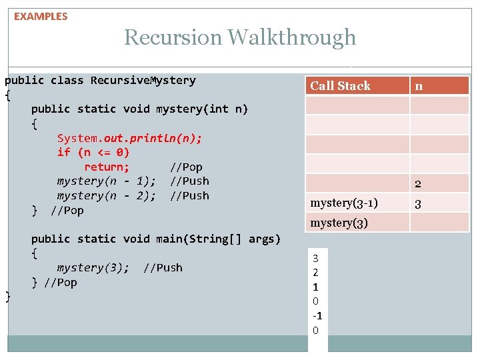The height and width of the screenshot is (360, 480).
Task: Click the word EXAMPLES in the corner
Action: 41,17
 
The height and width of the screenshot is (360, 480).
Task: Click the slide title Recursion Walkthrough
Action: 240,37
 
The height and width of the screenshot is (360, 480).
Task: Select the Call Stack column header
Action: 340,85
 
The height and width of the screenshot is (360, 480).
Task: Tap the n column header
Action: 419,85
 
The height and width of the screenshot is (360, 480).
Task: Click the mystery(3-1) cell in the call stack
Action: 344,203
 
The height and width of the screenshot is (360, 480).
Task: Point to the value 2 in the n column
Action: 417,184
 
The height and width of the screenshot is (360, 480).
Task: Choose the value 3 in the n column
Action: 417,204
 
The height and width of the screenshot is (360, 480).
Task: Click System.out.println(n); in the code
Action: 129,138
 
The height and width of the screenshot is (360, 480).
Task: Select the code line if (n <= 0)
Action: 93,152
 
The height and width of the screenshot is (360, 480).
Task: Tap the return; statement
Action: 107,167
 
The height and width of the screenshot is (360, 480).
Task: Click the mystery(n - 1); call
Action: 107,181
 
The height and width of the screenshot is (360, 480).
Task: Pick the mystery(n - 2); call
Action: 107,195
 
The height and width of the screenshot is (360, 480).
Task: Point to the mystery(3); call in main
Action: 93,267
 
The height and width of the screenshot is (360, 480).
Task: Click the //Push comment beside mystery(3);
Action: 163,267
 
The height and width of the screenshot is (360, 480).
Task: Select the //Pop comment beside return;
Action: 186,167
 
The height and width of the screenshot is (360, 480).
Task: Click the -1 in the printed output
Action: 317,316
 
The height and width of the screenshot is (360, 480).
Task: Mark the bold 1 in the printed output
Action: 316,287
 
